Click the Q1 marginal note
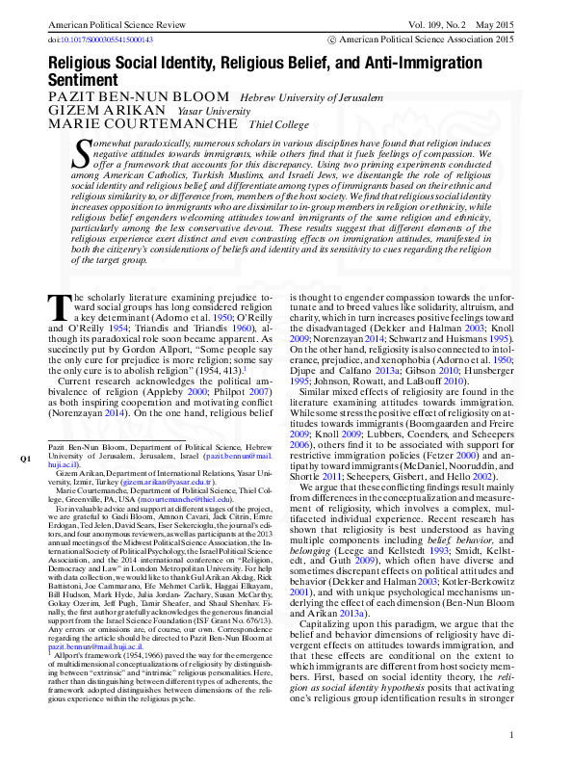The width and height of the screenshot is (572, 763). coord(25,458)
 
